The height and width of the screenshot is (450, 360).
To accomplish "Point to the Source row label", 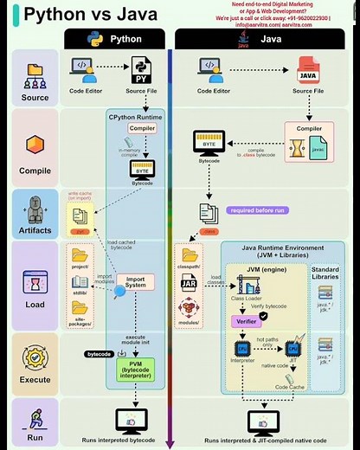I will coord(35,97).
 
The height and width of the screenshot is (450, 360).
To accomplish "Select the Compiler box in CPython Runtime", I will coord(141,128).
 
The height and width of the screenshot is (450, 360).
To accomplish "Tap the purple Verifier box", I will coord(245,320).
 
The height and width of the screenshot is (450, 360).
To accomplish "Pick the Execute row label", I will coord(35,378).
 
